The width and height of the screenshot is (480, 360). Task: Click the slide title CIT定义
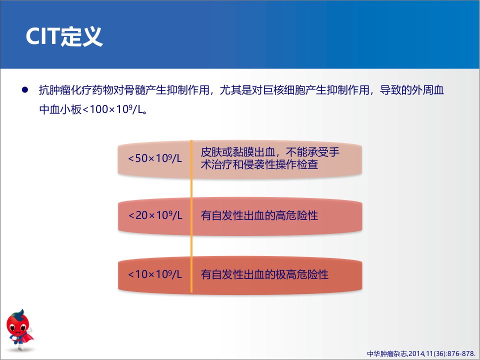[64, 36]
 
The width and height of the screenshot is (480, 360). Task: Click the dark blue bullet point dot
[25, 89]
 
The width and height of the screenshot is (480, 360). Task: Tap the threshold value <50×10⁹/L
[155, 158]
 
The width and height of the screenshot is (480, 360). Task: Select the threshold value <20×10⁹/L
[155, 215]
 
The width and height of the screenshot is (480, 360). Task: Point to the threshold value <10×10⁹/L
[155, 274]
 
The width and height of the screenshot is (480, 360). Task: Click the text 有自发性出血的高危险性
[259, 215]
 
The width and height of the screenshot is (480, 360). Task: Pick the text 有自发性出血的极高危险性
[264, 274]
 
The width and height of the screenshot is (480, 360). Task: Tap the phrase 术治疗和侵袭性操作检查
[259, 164]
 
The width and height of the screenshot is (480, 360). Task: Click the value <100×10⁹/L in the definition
[113, 109]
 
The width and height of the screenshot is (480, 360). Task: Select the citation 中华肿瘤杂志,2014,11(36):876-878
[421, 353]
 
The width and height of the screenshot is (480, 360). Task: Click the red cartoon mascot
[19, 329]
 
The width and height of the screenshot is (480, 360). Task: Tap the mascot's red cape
[28, 338]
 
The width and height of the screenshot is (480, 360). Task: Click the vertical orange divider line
[191, 216]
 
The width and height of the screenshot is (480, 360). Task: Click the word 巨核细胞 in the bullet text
[284, 90]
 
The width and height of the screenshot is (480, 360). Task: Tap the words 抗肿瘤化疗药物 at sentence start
[76, 90]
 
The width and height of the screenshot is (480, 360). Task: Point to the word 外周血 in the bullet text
[428, 90]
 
